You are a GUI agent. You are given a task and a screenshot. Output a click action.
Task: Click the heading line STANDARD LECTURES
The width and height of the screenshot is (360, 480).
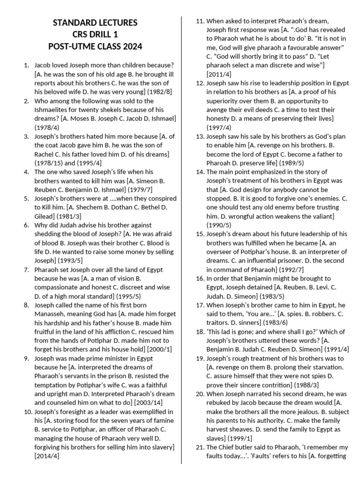coord(95,23)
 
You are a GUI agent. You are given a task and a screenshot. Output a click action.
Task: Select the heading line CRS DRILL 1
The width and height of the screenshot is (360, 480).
coord(95,35)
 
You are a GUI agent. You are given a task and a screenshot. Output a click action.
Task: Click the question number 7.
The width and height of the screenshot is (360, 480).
coord(26,270)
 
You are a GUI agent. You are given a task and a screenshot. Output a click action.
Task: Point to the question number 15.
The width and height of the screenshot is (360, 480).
coord(200,233)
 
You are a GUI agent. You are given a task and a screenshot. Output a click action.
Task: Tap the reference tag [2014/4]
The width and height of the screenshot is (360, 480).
coord(47,456)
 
